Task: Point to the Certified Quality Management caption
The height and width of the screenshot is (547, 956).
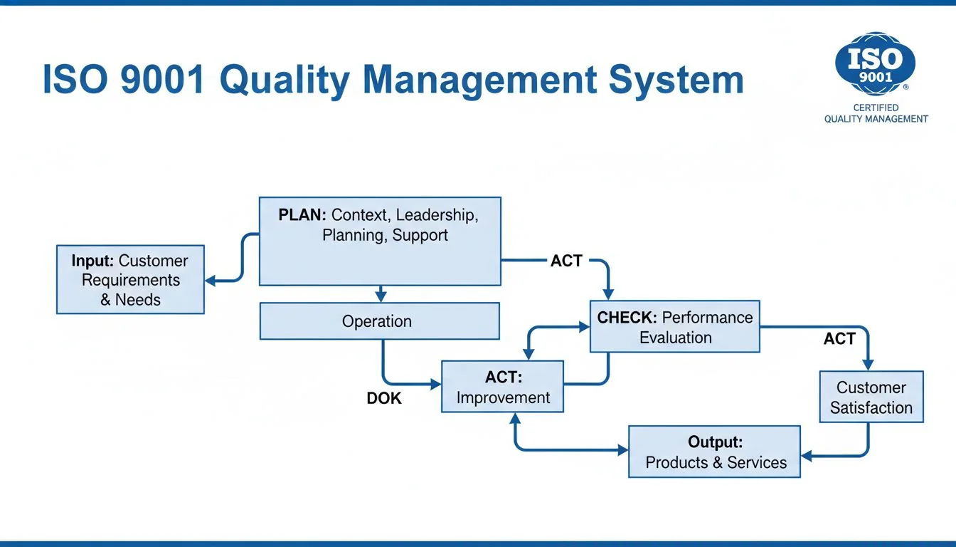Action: coord(876,113)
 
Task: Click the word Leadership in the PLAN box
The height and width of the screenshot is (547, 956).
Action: coord(437,215)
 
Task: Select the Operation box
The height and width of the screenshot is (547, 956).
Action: coord(379,321)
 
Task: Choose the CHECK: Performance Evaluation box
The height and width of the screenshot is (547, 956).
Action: coord(674,327)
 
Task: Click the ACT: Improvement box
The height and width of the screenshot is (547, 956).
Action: coord(502,387)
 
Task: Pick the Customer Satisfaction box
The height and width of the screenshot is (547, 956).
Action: coord(871,397)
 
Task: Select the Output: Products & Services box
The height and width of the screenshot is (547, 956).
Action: coord(714,452)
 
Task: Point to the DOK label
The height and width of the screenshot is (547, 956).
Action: coord(384,399)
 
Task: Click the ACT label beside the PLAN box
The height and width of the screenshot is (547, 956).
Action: coord(566,261)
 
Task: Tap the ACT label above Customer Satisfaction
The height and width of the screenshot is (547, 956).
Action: coord(839,339)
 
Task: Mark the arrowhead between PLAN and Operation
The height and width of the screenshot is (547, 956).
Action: coord(381,295)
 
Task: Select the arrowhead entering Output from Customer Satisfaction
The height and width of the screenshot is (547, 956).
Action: coord(807,456)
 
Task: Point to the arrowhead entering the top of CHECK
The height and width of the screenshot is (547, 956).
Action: coord(608,293)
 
